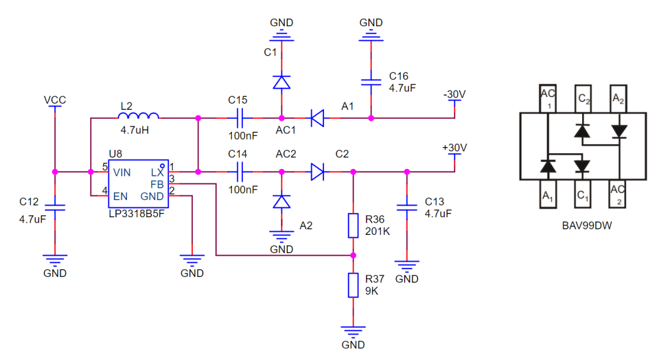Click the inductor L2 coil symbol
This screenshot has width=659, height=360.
[139, 116]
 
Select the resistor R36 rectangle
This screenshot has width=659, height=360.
[353, 226]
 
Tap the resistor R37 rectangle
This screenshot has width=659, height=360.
[353, 285]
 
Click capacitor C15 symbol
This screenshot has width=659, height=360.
[240, 118]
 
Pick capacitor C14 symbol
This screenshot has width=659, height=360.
[240, 172]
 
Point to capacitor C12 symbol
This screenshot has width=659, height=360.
[55, 207]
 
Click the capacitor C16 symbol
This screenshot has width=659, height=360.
[371, 82]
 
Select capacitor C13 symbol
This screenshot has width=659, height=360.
[407, 207]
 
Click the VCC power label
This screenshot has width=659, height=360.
[55, 100]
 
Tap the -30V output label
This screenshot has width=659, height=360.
[455, 94]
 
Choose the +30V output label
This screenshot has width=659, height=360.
[455, 148]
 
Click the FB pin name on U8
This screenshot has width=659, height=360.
[157, 184]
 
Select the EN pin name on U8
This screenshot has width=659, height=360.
[120, 196]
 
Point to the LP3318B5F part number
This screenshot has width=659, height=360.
[137, 214]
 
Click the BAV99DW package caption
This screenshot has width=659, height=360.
[587, 226]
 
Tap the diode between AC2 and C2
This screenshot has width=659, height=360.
[317, 172]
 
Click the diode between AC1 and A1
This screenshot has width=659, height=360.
[317, 118]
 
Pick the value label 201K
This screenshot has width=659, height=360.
[378, 231]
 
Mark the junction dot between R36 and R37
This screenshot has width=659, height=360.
[353, 256]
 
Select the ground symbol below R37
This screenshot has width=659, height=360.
[353, 331]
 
